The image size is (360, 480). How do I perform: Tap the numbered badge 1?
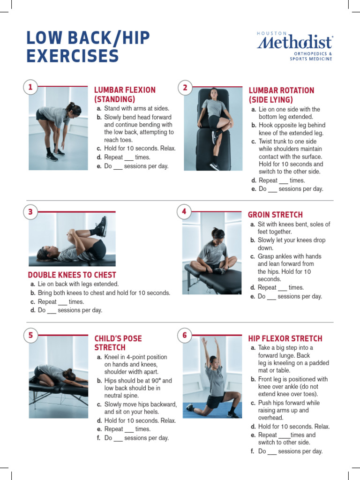click(x=30, y=87)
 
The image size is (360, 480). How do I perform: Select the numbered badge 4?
click(x=184, y=212)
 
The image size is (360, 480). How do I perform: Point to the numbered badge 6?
click(x=185, y=335)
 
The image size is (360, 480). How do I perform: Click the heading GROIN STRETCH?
click(x=275, y=215)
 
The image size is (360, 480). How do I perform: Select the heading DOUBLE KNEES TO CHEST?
click(x=72, y=275)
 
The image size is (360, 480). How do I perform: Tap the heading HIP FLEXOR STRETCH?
click(x=285, y=338)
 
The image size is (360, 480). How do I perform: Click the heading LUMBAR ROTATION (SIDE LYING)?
click(x=281, y=95)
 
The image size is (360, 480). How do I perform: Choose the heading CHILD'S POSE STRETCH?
click(x=118, y=343)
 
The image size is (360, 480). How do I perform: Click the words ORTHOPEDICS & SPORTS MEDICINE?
click(x=311, y=56)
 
